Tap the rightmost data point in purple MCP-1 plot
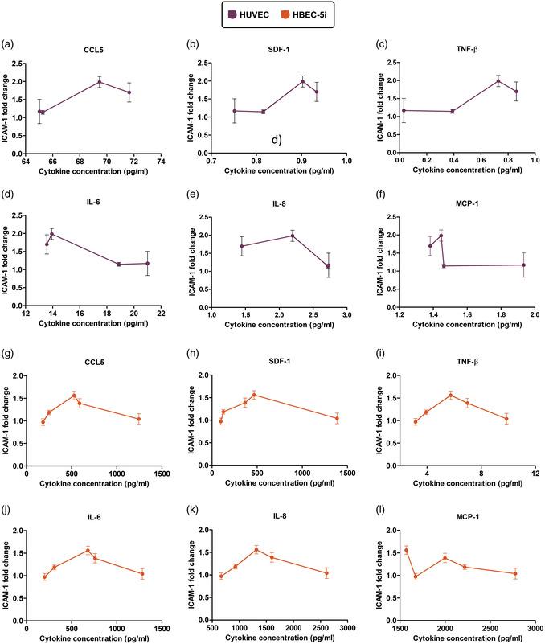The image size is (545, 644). coord(523,265)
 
